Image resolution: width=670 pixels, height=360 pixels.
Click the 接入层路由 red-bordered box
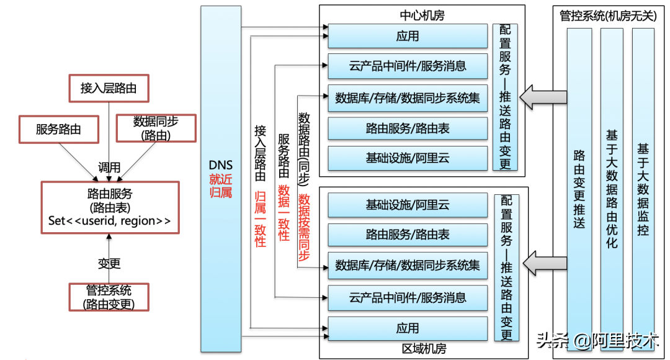tap(109, 88)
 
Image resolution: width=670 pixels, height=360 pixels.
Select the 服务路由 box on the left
tap(58, 129)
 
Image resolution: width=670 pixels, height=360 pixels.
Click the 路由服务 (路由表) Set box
tap(110, 207)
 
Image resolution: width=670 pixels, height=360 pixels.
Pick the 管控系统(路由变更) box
tap(109, 297)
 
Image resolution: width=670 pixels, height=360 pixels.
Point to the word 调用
tap(110, 168)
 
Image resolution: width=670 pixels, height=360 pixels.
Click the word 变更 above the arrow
tap(109, 263)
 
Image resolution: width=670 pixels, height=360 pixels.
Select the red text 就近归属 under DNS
tap(221, 186)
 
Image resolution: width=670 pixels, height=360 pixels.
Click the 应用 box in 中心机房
tap(408, 36)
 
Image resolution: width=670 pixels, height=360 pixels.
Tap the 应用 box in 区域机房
tap(408, 328)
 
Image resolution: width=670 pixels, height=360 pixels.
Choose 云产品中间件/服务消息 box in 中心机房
tap(408, 66)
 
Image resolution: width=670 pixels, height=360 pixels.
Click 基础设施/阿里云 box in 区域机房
tap(408, 205)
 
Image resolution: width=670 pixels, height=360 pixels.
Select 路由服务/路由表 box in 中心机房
tap(408, 128)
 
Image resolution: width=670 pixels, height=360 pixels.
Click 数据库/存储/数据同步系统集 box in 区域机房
tap(408, 266)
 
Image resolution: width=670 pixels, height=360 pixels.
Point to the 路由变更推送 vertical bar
tap(579, 186)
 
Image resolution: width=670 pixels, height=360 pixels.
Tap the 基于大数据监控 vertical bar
tap(643, 186)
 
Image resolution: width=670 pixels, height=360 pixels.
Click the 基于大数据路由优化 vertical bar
tap(611, 186)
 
